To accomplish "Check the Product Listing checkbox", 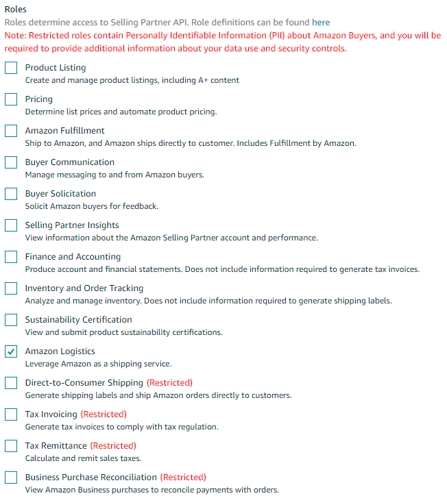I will (11, 68).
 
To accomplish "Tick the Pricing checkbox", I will (11, 99).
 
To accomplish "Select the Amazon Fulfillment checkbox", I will (11, 131).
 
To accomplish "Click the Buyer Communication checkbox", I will (11, 162).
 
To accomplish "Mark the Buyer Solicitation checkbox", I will (11, 194).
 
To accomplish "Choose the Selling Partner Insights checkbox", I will (11, 225).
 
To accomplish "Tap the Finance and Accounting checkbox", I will (11, 257).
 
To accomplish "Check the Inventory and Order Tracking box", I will (11, 288).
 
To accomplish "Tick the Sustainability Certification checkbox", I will (11, 320).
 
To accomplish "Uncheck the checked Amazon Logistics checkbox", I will (11, 351).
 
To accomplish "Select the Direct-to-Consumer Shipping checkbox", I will (11, 383).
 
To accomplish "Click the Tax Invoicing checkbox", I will (11, 414).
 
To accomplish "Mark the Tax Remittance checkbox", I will (11, 446).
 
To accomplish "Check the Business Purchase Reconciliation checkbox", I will (11, 477).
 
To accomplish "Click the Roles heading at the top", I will (16, 10).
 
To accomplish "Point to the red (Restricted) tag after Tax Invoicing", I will (104, 414).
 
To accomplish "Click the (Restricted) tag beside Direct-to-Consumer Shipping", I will (169, 383).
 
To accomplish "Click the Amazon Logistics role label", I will (60, 351).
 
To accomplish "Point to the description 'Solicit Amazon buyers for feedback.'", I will (92, 206).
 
